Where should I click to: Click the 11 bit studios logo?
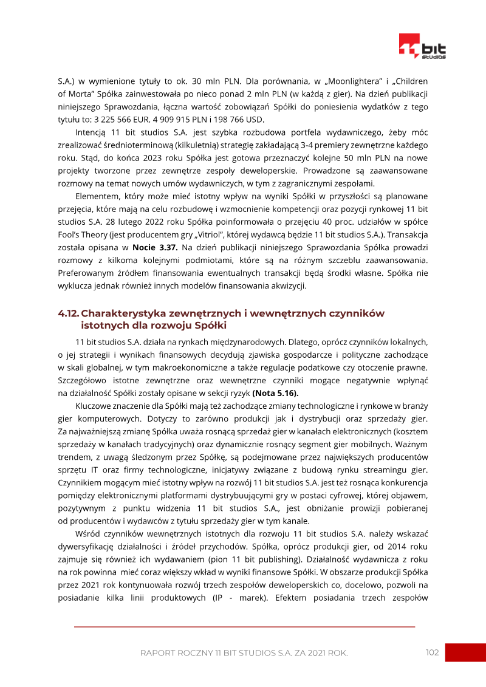(422, 47)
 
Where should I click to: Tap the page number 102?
(432, 652)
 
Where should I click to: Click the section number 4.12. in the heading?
(68, 313)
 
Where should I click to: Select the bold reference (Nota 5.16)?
(275, 393)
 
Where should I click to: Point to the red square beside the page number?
(465, 652)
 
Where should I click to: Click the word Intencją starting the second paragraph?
(92, 133)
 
